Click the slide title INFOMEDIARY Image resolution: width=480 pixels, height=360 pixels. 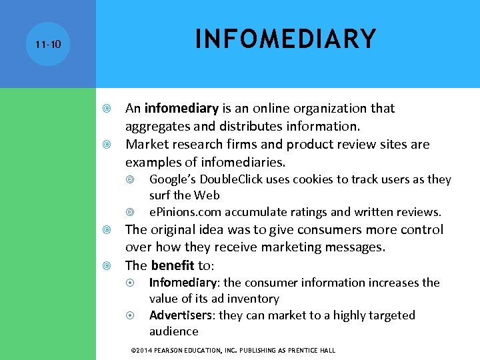(285, 39)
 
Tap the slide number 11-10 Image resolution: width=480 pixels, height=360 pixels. (47, 45)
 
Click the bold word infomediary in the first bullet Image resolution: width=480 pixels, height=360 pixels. (181, 108)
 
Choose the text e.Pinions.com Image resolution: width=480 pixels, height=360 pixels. (185, 212)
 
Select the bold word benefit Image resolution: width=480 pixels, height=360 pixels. (173, 265)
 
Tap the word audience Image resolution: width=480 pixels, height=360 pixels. (174, 331)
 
